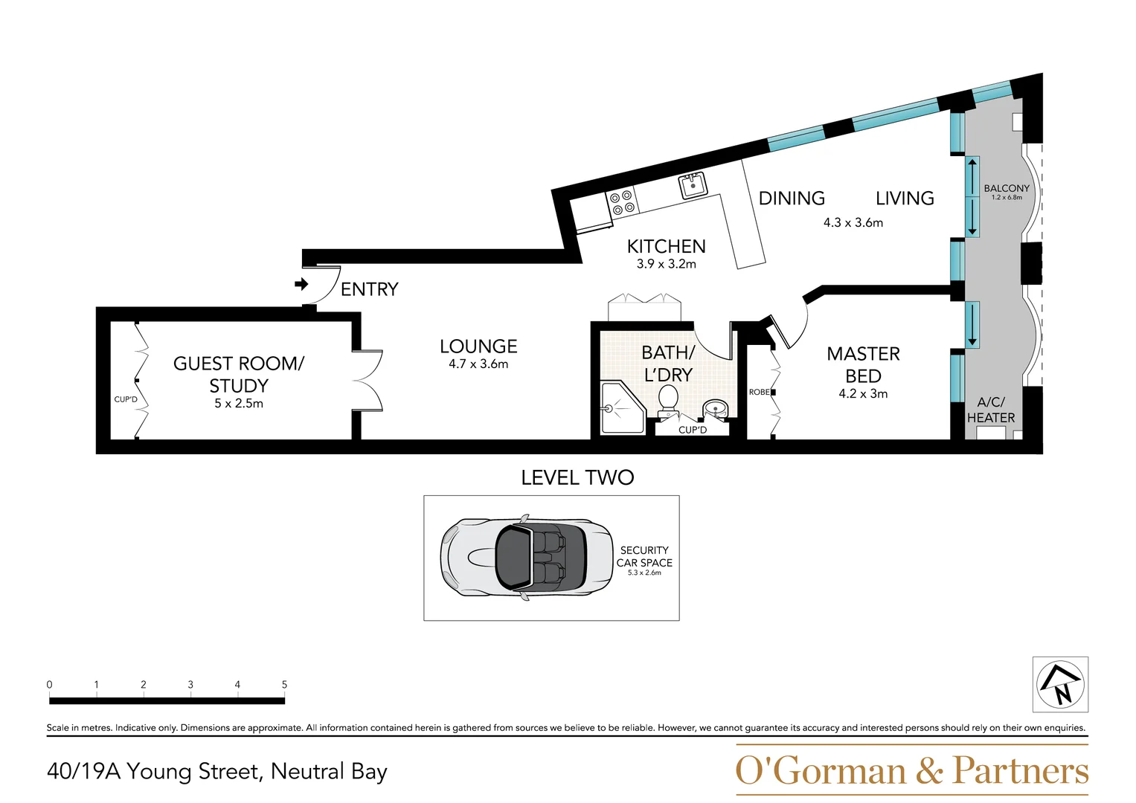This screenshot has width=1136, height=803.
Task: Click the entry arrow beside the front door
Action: point(301,284)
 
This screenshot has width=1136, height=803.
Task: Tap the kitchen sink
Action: point(693,185)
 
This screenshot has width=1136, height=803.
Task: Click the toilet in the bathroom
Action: point(667,401)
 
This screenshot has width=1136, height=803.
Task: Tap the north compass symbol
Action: point(1060,684)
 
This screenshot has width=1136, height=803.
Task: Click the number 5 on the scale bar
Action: point(284,684)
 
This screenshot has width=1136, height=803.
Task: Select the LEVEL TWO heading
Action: point(577,477)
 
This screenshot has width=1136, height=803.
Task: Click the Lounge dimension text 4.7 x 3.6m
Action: point(478,364)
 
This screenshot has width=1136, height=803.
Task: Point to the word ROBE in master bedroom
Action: point(759,392)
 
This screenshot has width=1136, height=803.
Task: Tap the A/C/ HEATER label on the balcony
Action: point(991,410)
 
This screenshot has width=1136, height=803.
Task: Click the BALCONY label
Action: point(1007,188)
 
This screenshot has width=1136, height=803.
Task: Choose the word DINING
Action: point(792,199)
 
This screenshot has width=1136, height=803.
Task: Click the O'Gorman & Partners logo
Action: point(912,770)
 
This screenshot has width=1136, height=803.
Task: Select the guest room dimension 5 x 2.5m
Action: point(238,404)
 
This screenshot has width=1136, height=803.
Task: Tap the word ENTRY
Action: point(369,289)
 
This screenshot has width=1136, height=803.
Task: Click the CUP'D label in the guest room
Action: point(126,399)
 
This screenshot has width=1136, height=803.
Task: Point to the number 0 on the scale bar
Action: point(49,684)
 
